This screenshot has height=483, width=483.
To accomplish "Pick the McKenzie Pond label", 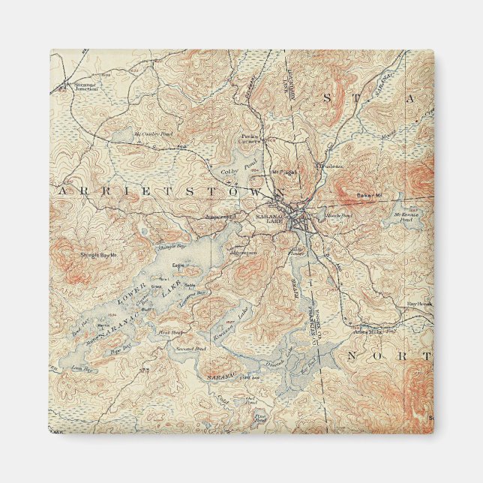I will click(406, 217).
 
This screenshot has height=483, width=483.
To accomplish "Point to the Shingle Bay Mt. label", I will click(100, 255).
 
